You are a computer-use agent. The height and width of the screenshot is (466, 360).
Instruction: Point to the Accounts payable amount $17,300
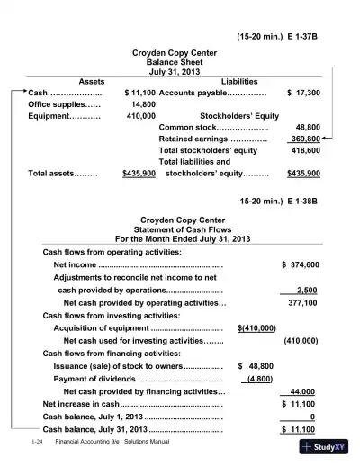point(303,93)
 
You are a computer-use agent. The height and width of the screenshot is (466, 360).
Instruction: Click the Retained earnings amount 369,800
point(305,139)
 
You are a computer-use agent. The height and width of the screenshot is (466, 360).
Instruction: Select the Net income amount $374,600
point(300,265)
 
